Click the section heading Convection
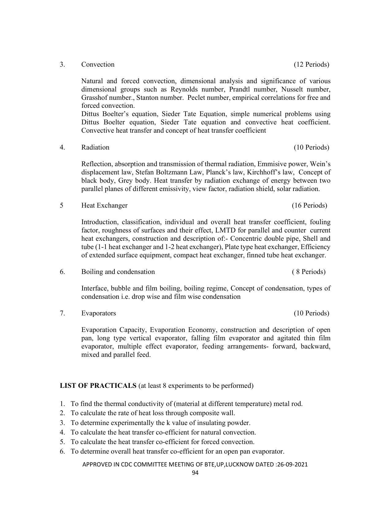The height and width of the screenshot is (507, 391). (98, 64)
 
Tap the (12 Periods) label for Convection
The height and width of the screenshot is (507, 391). (311, 64)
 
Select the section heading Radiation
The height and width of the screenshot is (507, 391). (95, 147)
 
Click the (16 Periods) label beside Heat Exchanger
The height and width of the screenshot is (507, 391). (309, 205)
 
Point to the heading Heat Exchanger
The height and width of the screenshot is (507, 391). (104, 205)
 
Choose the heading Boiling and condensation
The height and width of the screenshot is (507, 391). (118, 272)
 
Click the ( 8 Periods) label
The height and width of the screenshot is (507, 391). (309, 272)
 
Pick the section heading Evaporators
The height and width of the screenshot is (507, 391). (98, 313)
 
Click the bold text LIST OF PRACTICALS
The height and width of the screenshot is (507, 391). (98, 386)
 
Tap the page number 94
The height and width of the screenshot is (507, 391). (195, 473)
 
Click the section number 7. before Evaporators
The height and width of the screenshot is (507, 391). (62, 313)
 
